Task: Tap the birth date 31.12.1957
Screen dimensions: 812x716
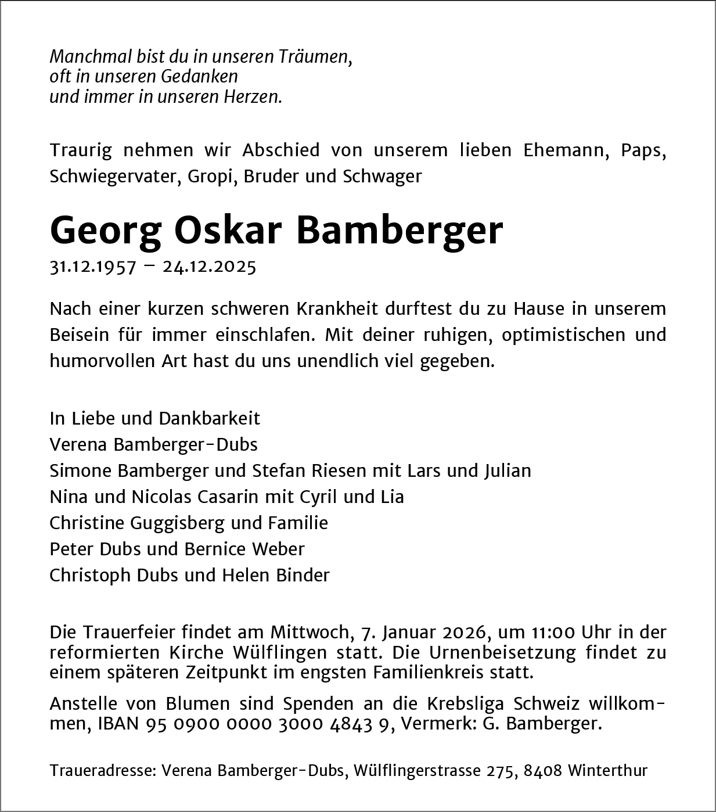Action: point(93,267)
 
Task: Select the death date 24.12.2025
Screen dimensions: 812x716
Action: point(209,267)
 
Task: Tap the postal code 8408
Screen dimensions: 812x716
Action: point(542,771)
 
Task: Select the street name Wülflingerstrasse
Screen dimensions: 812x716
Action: point(417,771)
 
